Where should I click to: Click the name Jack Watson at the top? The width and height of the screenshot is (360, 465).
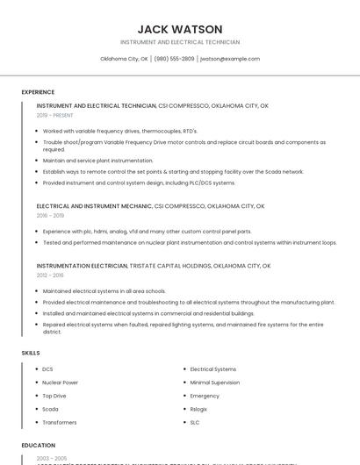(x=180, y=29)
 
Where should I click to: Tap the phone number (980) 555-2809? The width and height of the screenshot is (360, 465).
(x=174, y=59)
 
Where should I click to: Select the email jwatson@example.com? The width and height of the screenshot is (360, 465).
(x=230, y=59)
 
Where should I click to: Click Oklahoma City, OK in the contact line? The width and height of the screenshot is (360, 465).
(x=124, y=59)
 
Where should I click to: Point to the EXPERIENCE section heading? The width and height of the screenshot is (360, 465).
(x=38, y=92)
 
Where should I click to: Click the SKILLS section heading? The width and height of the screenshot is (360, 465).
(x=31, y=353)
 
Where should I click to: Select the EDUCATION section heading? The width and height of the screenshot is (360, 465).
(x=39, y=446)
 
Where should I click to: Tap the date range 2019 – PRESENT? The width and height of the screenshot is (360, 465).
(x=55, y=115)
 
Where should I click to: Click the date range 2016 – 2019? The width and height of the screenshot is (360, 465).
(x=50, y=215)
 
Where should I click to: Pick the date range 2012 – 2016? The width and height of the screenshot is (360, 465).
(x=50, y=275)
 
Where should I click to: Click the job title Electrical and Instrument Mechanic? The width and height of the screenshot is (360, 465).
(x=95, y=206)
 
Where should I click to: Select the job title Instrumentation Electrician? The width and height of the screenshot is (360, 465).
(x=82, y=265)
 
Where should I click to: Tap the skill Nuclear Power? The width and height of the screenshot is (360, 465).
(x=60, y=383)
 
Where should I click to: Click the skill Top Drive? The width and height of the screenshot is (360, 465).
(x=54, y=396)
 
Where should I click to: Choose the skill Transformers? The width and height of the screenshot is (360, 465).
(x=59, y=422)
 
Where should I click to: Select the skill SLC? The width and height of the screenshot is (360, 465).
(x=195, y=422)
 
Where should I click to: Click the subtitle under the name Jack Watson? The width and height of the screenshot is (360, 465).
(x=180, y=42)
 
